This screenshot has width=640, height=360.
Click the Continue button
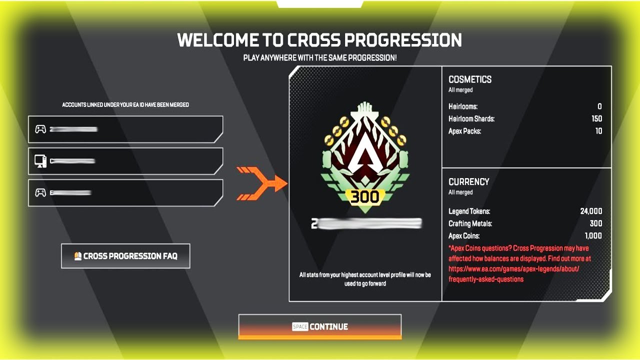click(x=320, y=326)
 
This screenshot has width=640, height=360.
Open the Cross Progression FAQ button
click(x=125, y=256)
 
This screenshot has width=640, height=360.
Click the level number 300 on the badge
click(x=365, y=197)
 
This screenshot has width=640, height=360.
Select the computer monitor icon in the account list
click(x=40, y=161)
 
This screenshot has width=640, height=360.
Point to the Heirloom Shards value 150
click(x=596, y=118)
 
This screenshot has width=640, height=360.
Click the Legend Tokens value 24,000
click(x=591, y=211)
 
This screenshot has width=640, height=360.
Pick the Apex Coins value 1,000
click(x=593, y=235)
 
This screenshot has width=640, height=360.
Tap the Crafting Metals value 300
click(x=595, y=223)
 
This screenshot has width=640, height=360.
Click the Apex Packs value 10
click(x=598, y=131)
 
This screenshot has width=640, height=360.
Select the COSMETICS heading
click(x=470, y=79)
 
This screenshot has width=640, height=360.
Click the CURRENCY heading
click(x=469, y=182)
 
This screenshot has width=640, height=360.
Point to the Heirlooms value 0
click(x=599, y=106)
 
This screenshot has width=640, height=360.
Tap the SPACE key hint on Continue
click(x=300, y=327)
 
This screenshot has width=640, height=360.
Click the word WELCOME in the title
click(x=218, y=40)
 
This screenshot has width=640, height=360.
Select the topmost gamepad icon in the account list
click(x=40, y=129)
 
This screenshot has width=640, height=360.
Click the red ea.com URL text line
click(x=513, y=268)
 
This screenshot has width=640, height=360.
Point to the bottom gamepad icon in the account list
click(x=40, y=192)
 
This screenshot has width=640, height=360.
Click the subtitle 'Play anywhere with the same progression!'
click(x=320, y=58)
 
